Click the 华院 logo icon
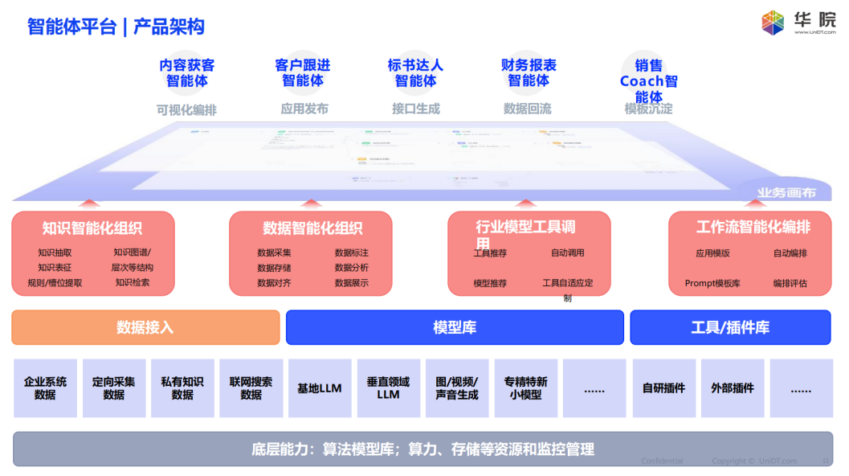(x=773, y=23)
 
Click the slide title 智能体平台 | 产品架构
(x=116, y=27)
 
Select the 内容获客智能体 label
(x=187, y=73)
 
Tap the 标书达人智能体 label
(x=415, y=73)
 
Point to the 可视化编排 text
(x=186, y=109)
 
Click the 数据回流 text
(x=528, y=109)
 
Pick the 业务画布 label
(x=786, y=193)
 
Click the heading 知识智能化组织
(x=92, y=228)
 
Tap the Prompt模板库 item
(x=712, y=283)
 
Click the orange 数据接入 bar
(x=145, y=327)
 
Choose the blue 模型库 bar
(x=455, y=327)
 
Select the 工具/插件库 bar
(x=730, y=327)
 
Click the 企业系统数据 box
(x=45, y=388)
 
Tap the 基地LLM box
(x=320, y=388)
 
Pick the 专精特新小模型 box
(x=526, y=388)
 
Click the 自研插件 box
(x=664, y=388)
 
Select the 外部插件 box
(x=733, y=388)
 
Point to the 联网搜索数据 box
(x=251, y=388)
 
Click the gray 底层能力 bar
(x=423, y=449)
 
